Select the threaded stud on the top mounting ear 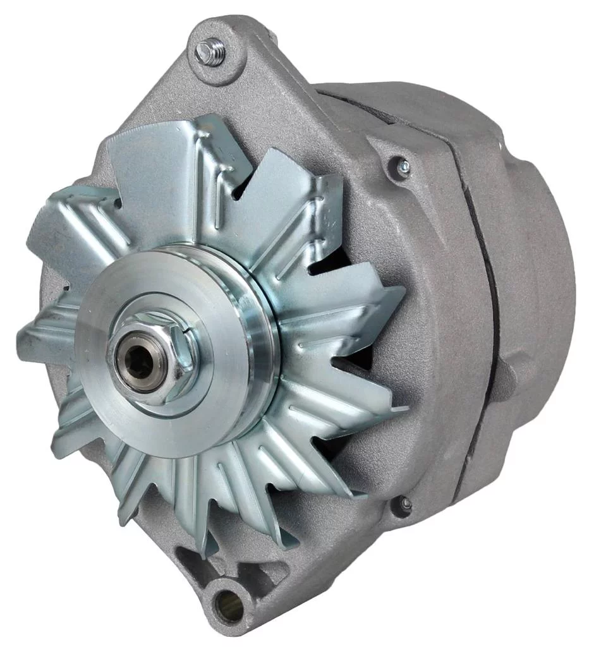pos(211,51)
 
